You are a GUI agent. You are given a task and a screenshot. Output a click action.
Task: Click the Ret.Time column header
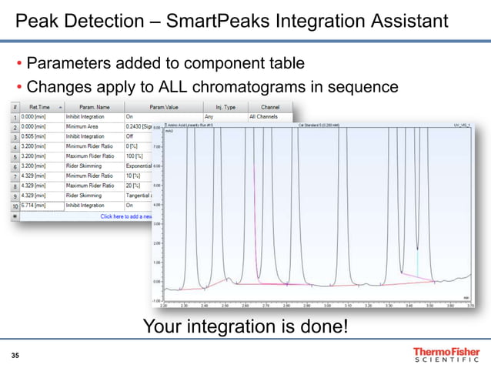pyautogui.click(x=39, y=106)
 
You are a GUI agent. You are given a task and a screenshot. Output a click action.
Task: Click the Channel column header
pyautogui.click(x=269, y=106)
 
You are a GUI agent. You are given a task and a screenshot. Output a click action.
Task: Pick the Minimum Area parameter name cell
pyautogui.click(x=84, y=126)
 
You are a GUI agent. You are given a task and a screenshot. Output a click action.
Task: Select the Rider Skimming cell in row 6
pyautogui.click(x=85, y=166)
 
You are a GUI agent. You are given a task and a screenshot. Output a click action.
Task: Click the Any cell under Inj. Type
pyautogui.click(x=209, y=116)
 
